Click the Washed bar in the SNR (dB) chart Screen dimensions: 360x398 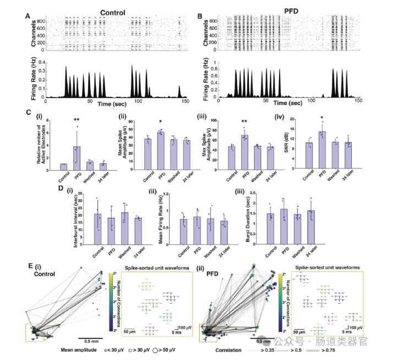[335, 154]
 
